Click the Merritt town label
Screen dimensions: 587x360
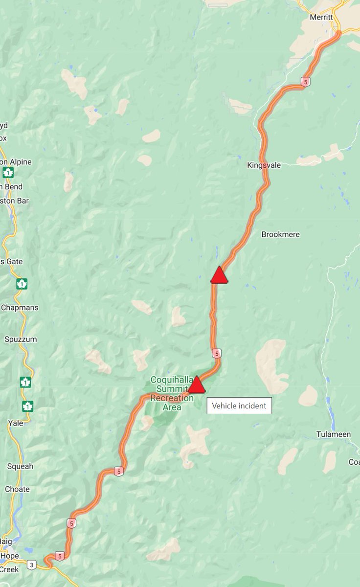coord(321,17)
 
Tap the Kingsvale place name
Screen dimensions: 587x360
coord(264,165)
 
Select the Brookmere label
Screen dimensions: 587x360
coord(280,234)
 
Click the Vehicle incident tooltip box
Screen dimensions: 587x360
coord(239,406)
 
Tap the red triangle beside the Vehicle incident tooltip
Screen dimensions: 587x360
coord(196,385)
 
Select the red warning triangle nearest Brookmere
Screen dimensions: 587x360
coord(219,275)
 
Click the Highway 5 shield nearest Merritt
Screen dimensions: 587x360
coord(306,82)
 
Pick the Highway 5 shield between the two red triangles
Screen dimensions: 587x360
coord(217,353)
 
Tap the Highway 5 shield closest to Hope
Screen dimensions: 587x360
coord(59,556)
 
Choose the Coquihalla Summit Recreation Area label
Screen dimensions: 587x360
coord(172,393)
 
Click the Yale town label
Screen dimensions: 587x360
coord(16,423)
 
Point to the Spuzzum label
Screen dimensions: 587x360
coord(21,339)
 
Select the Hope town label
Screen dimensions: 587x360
coord(9,556)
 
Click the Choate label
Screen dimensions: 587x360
coord(17,489)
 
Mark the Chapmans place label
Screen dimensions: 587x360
coord(20,308)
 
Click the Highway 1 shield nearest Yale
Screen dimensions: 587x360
coord(28,406)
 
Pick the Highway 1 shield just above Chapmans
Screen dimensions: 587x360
coord(22,284)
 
